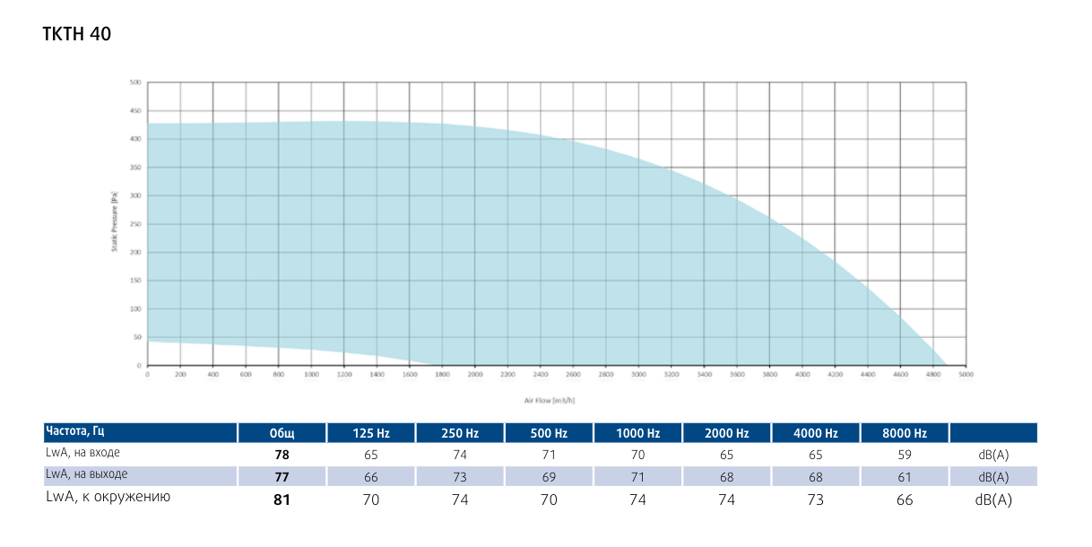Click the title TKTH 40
[76, 34]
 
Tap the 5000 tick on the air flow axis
[965, 375]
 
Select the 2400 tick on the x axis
[540, 375]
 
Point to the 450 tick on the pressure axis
[136, 111]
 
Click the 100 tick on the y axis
[136, 309]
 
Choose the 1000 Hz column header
[637, 433]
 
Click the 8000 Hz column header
[904, 433]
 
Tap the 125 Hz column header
[371, 433]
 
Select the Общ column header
[282, 433]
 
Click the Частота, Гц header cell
[82, 432]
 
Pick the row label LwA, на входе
[82, 453]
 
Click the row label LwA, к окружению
[108, 498]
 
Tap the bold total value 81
[282, 499]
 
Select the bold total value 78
[282, 455]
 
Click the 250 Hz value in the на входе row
[460, 455]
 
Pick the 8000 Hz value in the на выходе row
[904, 477]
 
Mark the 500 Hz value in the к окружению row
[549, 499]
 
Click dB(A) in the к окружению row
[993, 499]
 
